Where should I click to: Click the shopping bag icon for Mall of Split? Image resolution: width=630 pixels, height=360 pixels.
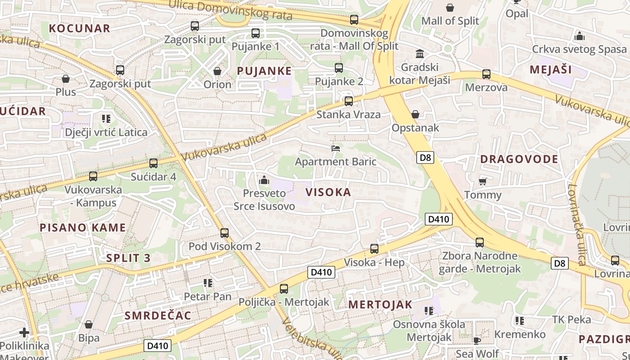pos(450,8)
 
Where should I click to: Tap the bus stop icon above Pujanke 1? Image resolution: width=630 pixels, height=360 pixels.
pos(256,33)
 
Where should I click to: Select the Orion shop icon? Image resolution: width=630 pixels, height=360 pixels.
pos(217,71)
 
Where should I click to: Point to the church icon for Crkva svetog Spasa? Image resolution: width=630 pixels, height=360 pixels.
pos(580,36)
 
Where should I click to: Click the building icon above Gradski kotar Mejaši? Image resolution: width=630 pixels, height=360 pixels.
pos(420,54)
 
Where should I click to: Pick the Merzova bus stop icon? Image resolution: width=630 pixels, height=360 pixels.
pos(486,74)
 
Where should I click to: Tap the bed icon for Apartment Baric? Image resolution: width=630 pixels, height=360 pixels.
pos(336,148)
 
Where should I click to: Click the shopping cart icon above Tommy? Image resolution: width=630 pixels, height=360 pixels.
pos(483,181)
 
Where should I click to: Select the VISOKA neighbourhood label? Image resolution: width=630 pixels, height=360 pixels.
pos(328,192)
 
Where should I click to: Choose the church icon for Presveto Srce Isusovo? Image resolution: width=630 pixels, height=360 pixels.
pos(264,180)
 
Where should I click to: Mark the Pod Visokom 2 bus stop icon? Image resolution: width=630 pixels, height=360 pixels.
pos(225,233)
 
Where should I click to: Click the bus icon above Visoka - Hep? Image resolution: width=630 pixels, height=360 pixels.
pos(374,249)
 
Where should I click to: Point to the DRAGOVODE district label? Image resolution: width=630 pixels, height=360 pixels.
pos(519,159)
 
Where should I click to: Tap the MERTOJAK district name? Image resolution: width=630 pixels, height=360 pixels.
pos(380,305)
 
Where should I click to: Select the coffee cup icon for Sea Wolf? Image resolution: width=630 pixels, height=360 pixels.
pos(477,340)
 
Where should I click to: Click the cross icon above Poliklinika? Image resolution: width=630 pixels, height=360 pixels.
pos(24,333)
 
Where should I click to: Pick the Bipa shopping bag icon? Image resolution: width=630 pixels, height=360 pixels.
pos(89,324)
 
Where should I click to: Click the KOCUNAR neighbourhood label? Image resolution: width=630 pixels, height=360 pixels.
pos(79,28)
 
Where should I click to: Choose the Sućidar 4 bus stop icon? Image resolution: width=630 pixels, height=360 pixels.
pos(153,163)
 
